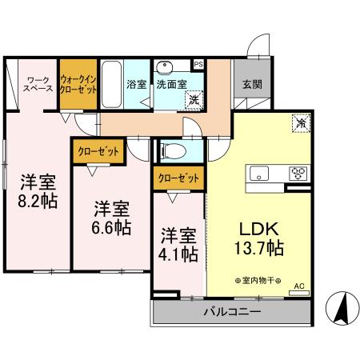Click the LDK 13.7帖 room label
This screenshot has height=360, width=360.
tap(257, 238)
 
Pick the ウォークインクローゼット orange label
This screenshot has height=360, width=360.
tap(79, 84)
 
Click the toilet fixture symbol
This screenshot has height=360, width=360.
tap(173, 150)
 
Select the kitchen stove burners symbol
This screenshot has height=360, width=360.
tap(298, 173)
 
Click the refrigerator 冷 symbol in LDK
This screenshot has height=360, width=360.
tap(299, 124)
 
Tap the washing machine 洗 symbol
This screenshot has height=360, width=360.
tap(194, 100)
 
